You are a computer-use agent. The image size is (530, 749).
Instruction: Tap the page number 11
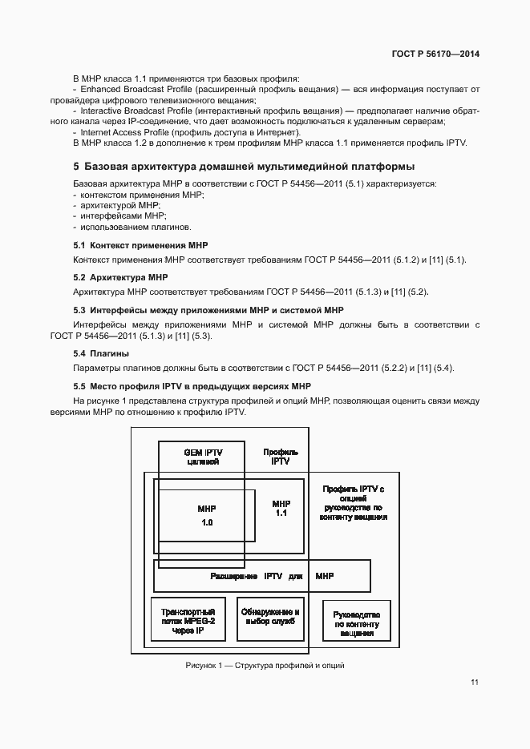pyautogui.click(x=475, y=683)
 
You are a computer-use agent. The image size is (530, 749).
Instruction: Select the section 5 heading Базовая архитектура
pyautogui.click(x=244, y=167)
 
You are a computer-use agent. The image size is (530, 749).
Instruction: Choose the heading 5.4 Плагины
pyautogui.click(x=102, y=353)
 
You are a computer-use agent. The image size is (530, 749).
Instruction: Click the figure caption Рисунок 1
pyautogui.click(x=265, y=666)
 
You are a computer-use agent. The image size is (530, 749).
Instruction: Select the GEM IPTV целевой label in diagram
pyautogui.click(x=203, y=457)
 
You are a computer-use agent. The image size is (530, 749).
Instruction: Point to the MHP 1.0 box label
pyautogui.click(x=206, y=515)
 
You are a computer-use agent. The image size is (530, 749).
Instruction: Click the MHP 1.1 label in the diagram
pyautogui.click(x=281, y=508)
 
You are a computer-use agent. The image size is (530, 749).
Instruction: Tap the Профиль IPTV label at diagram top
pyautogui.click(x=281, y=457)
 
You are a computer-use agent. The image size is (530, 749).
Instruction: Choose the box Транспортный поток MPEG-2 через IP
pyautogui.click(x=188, y=621)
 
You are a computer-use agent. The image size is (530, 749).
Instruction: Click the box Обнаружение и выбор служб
pyautogui.click(x=270, y=618)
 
